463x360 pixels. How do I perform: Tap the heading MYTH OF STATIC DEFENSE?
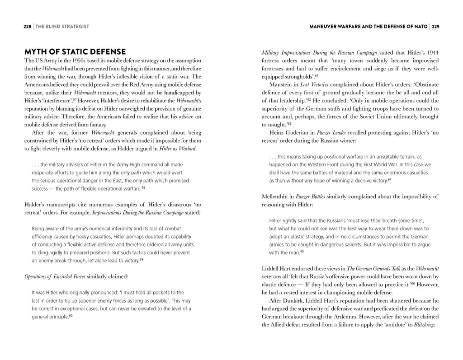(x=75, y=52)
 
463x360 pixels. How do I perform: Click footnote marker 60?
(x=71, y=316)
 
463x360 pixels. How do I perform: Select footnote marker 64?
(x=389, y=180)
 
